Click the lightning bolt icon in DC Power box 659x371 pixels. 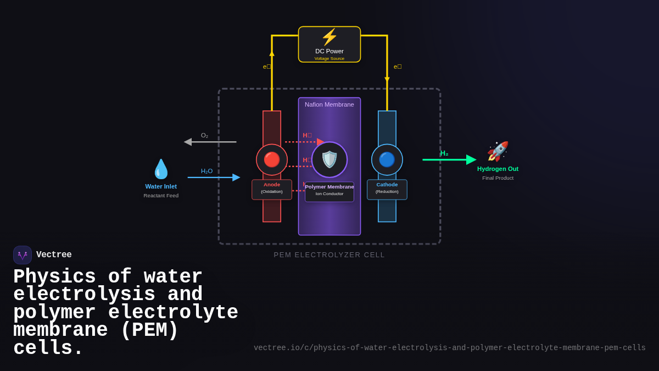(x=329, y=37)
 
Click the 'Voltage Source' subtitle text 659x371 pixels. (x=329, y=59)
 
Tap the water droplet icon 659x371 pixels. (x=161, y=169)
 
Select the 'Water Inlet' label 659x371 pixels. (x=161, y=186)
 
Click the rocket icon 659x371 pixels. (x=498, y=151)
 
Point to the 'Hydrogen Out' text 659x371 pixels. (x=498, y=169)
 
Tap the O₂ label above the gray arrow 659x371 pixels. (x=204, y=135)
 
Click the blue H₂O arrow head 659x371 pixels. (x=236, y=178)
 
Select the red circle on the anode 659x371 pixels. (x=272, y=159)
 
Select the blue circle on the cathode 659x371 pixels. (x=387, y=159)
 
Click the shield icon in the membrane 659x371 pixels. (x=329, y=159)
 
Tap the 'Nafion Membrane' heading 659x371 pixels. (x=329, y=104)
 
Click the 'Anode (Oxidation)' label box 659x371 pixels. (x=272, y=189)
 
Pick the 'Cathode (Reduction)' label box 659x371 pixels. (x=387, y=189)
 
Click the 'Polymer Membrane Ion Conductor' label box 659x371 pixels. (x=329, y=191)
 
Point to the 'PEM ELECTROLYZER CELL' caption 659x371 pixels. (x=329, y=254)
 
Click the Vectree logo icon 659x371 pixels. (x=23, y=255)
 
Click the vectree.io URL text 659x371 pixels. (x=449, y=348)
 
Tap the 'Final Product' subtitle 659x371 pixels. (x=498, y=178)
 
